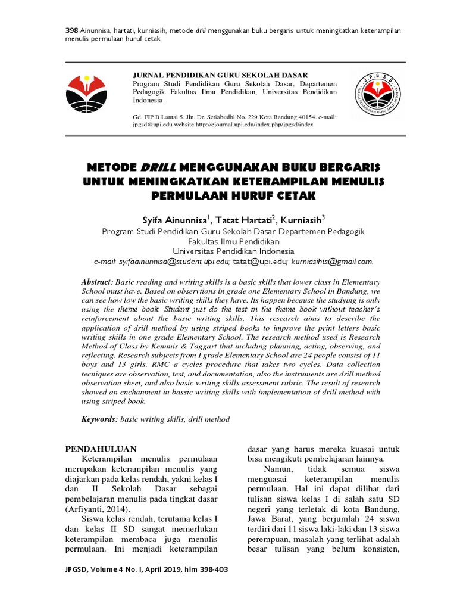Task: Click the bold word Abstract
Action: pos(97,281)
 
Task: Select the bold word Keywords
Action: pos(99,419)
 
